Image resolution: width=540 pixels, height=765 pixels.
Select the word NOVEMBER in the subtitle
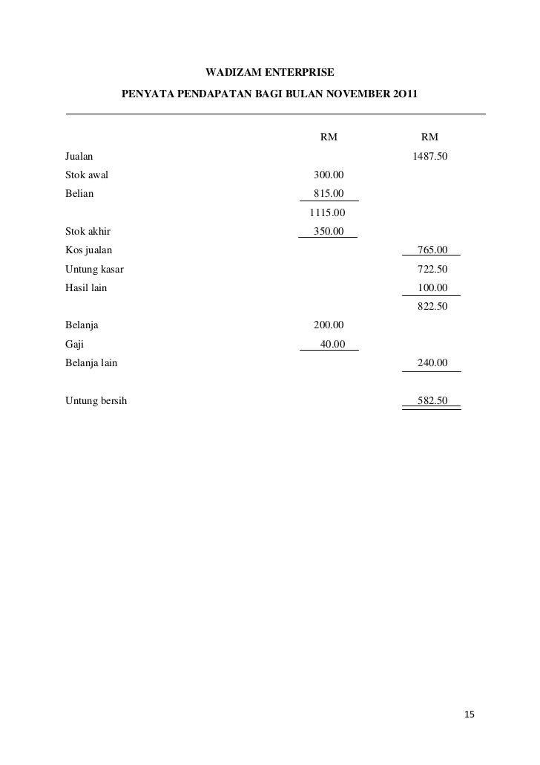click(x=345, y=95)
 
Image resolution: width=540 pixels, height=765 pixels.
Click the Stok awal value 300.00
click(x=329, y=176)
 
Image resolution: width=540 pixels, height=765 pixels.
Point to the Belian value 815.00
click(x=329, y=195)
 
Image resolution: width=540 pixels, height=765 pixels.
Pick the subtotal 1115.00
click(x=327, y=213)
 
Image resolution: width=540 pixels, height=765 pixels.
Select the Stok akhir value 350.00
click(x=329, y=232)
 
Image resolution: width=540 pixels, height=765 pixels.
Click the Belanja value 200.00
click(x=329, y=325)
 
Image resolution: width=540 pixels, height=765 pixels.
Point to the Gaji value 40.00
click(x=332, y=344)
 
